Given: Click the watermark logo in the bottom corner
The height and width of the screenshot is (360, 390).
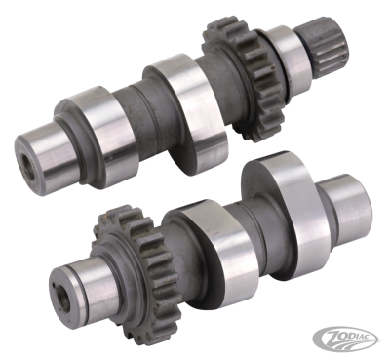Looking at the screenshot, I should (362, 342).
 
